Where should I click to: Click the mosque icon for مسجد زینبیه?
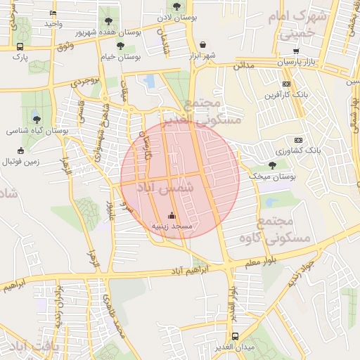pyautogui.click(x=173, y=215)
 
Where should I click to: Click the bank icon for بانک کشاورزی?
pyautogui.click(x=298, y=140)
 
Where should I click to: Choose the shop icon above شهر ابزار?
pyautogui.click(x=202, y=44)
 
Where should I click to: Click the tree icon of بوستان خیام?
pyautogui.click(x=122, y=45)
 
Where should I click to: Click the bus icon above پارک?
pyautogui.click(x=19, y=47)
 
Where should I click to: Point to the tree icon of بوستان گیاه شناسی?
pyautogui.click(x=37, y=120)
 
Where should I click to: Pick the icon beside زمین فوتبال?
pyautogui.click(x=21, y=150)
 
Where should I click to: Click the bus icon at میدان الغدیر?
pyautogui.click(x=235, y=336)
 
